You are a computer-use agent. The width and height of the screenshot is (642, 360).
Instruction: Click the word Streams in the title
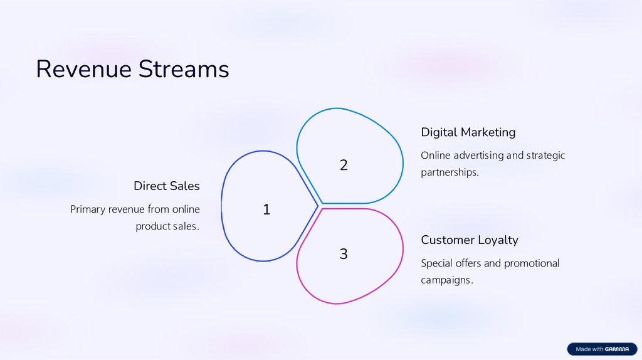click(184, 69)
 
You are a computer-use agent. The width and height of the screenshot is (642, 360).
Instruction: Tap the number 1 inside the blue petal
click(266, 209)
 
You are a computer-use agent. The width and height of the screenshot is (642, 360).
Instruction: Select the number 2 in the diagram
click(344, 165)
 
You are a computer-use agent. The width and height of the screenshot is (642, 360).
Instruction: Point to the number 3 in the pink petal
click(344, 254)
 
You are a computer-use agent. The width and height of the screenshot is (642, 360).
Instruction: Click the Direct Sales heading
click(166, 186)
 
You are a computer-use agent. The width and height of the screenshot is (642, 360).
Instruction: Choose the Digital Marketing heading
click(468, 132)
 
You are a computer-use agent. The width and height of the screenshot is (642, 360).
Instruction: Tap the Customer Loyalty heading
click(470, 240)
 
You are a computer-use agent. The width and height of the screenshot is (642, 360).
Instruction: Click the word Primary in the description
click(88, 209)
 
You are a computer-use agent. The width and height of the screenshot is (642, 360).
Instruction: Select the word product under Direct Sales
click(153, 226)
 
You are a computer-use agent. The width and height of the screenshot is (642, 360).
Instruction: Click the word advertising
click(478, 156)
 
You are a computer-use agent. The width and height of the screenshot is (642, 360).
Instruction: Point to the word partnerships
click(450, 172)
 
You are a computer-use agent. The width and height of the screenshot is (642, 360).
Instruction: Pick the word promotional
click(532, 263)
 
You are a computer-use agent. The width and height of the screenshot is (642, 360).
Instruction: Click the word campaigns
click(446, 280)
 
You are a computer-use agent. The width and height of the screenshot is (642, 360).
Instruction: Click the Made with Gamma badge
click(601, 349)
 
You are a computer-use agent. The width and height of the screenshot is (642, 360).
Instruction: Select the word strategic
click(545, 156)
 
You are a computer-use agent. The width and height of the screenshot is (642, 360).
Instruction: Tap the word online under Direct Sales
click(187, 209)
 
